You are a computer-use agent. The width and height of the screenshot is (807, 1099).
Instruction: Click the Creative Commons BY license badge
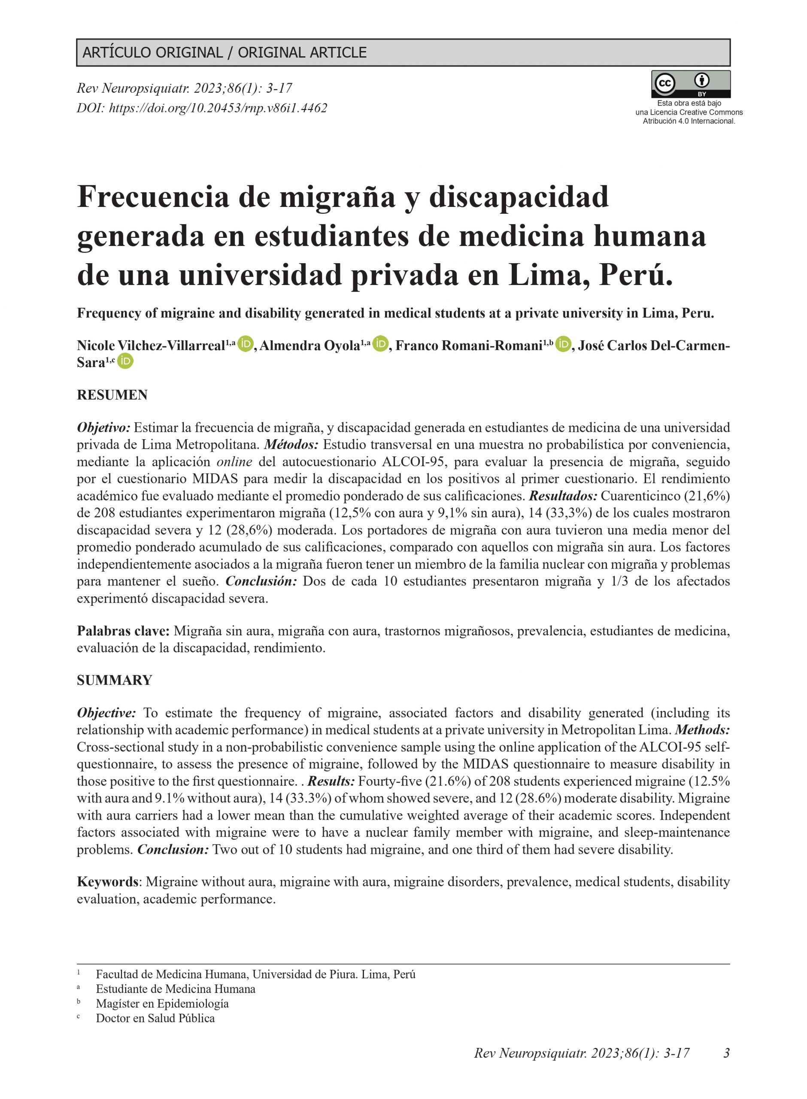coord(690,84)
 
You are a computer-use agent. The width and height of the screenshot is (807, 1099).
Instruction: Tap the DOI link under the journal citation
coord(202,108)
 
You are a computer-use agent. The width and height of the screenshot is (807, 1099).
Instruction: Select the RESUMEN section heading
coord(112,395)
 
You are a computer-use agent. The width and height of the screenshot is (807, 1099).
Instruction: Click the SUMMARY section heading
coord(114,680)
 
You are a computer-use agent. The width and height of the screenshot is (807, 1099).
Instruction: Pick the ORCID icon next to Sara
coord(125,361)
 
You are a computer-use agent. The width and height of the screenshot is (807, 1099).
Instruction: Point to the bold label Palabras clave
coord(123,631)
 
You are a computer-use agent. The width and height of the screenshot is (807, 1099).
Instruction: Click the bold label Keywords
coord(107,882)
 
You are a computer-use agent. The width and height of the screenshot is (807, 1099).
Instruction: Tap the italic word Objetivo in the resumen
coord(103,428)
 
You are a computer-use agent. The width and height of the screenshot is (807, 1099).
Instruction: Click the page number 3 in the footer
coord(726,1053)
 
